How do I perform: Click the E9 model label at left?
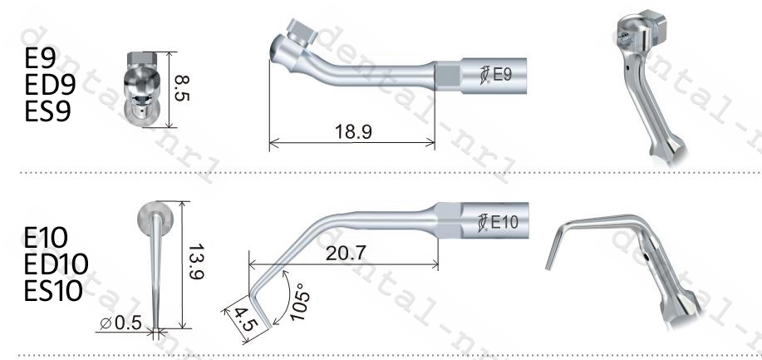pos(40,58)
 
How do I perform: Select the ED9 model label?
pos(50,84)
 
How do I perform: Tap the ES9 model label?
pos(47,111)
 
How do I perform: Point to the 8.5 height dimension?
pos(182,88)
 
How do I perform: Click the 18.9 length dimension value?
pos(353,132)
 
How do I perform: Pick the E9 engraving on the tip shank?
pos(503,75)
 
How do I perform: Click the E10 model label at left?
pos(46,238)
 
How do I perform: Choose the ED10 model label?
pos(56,264)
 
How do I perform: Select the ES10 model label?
pos(53,290)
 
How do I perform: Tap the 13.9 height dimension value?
pos(195,262)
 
